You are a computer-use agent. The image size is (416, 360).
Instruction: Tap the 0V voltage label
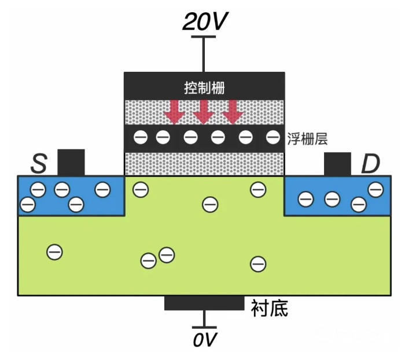[x=204, y=339]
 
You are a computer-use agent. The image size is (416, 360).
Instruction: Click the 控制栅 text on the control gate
[x=204, y=87]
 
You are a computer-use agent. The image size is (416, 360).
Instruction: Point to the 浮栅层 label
[x=307, y=139]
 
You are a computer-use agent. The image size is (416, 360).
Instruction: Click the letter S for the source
[x=38, y=164]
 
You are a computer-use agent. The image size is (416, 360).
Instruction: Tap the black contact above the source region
[x=71, y=163]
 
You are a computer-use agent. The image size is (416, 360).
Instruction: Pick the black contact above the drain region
[x=337, y=164]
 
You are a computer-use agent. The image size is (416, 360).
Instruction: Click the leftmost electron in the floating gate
[x=139, y=138]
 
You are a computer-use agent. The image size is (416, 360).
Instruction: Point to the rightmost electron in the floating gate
[x=273, y=138]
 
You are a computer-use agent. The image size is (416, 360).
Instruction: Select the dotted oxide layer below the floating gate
[x=204, y=164]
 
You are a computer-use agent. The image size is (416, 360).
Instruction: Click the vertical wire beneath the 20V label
[x=203, y=54]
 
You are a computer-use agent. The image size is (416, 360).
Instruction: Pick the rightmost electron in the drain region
[x=375, y=189]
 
